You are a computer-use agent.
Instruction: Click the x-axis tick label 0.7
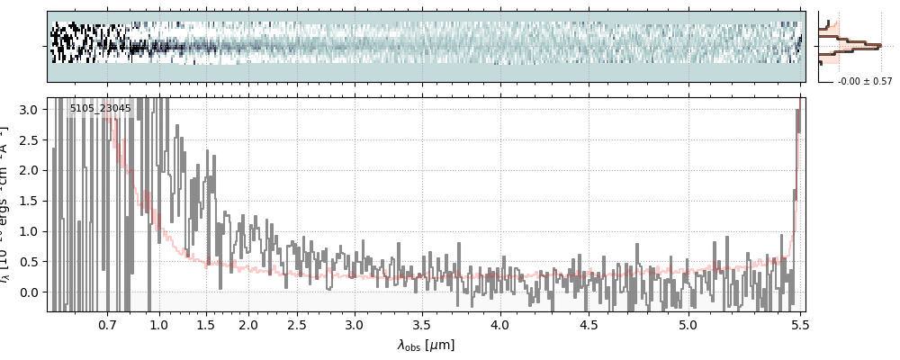point(108,324)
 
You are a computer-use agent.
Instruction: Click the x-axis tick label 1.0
point(159,324)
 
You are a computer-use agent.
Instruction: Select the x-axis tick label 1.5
point(206,324)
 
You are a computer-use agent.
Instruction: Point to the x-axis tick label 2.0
point(248,324)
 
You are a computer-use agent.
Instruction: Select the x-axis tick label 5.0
point(688,324)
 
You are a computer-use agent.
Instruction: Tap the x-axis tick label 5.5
point(797,324)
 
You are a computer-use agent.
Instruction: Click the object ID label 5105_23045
point(100,109)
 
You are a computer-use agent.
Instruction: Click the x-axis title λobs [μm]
point(426,345)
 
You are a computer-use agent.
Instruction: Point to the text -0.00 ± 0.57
point(865,82)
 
